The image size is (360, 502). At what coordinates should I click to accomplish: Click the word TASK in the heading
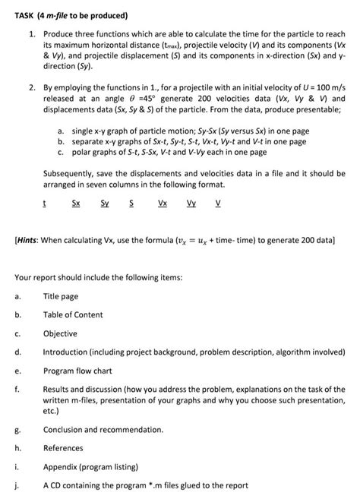27,15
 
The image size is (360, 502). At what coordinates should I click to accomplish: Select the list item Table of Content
74,314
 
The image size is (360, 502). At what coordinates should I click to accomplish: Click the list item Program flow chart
79,371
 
